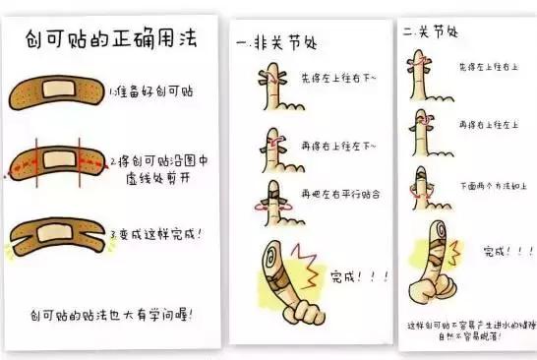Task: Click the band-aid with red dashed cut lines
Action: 56,162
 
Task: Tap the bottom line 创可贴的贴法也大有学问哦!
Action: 111,314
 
